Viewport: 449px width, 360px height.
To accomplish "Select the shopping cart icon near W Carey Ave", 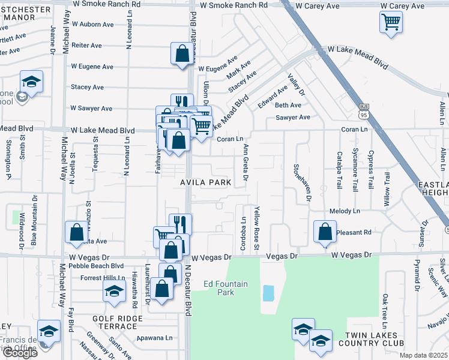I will [x=391, y=23].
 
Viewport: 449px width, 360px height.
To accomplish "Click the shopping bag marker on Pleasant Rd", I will [x=325, y=232].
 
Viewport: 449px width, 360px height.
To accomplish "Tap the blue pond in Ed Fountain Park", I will [x=268, y=293].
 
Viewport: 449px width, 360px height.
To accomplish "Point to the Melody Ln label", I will [x=345, y=211].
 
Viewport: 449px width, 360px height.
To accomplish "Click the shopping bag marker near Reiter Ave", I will [x=181, y=54].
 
